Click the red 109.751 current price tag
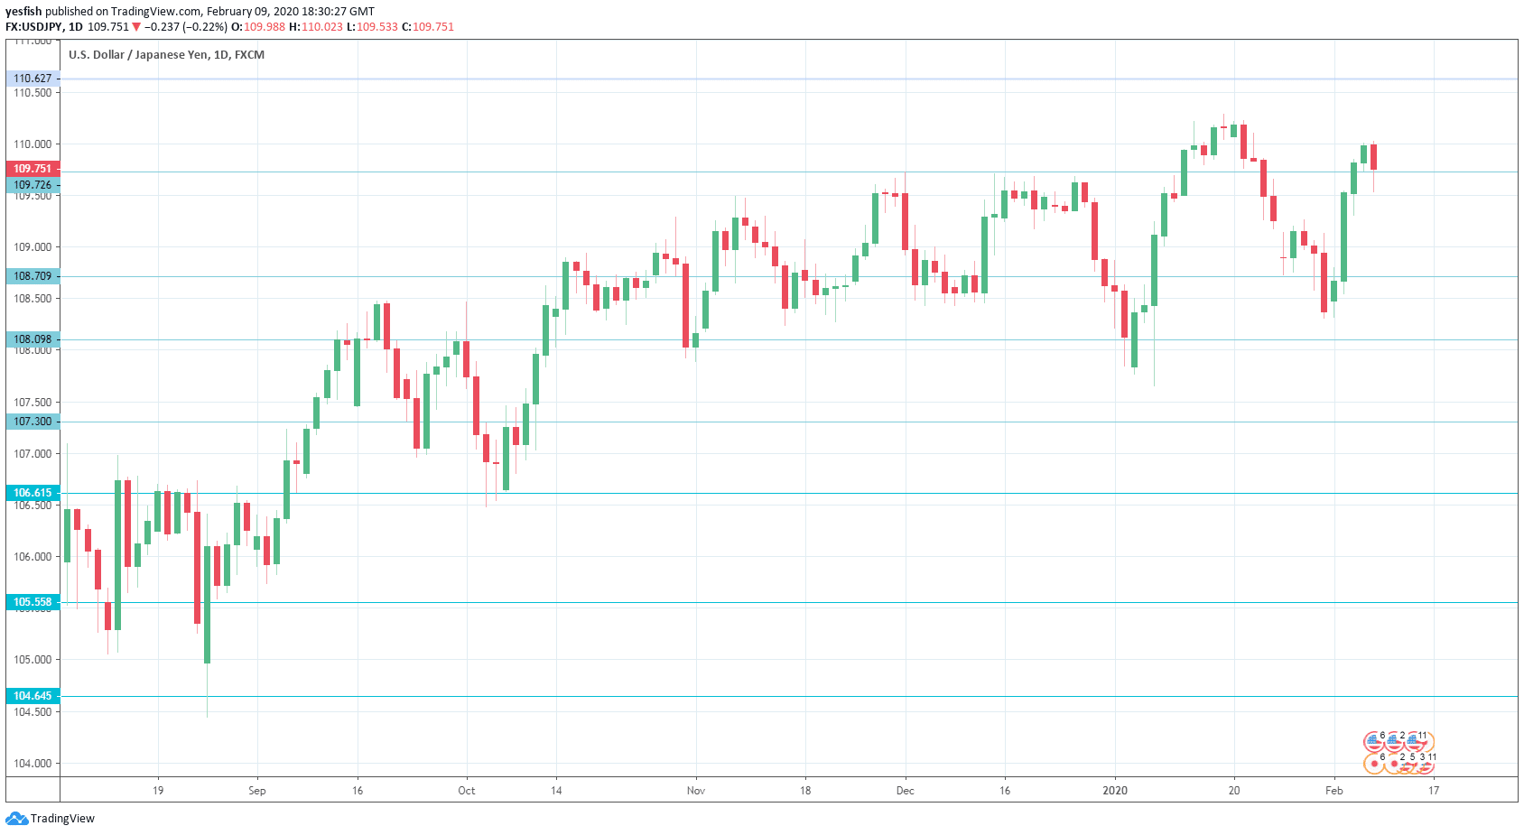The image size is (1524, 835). point(33,169)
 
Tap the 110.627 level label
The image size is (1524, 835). point(33,79)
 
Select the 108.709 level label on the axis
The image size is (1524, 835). point(33,276)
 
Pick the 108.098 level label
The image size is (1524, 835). point(33,339)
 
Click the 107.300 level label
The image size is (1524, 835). point(33,422)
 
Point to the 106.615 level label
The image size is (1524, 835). point(33,493)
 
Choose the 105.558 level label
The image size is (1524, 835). point(33,602)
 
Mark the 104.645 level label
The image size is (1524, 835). point(33,696)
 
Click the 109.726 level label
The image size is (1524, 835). point(33,185)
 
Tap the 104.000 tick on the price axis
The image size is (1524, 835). point(33,764)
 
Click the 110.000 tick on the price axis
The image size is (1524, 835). point(33,144)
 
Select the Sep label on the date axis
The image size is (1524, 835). point(257,791)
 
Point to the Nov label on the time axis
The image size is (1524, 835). point(696,791)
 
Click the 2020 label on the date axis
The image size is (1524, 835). point(1115,791)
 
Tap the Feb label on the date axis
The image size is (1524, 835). point(1334,791)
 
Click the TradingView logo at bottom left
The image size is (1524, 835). point(51,819)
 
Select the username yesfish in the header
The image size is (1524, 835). point(23,12)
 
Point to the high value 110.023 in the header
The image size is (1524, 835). point(322,27)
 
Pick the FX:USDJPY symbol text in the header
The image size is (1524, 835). point(33,27)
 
